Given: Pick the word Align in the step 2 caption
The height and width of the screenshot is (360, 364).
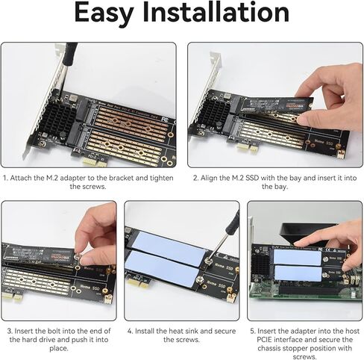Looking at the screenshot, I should point(213,179).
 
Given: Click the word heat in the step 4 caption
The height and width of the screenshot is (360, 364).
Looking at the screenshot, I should point(175,330).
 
